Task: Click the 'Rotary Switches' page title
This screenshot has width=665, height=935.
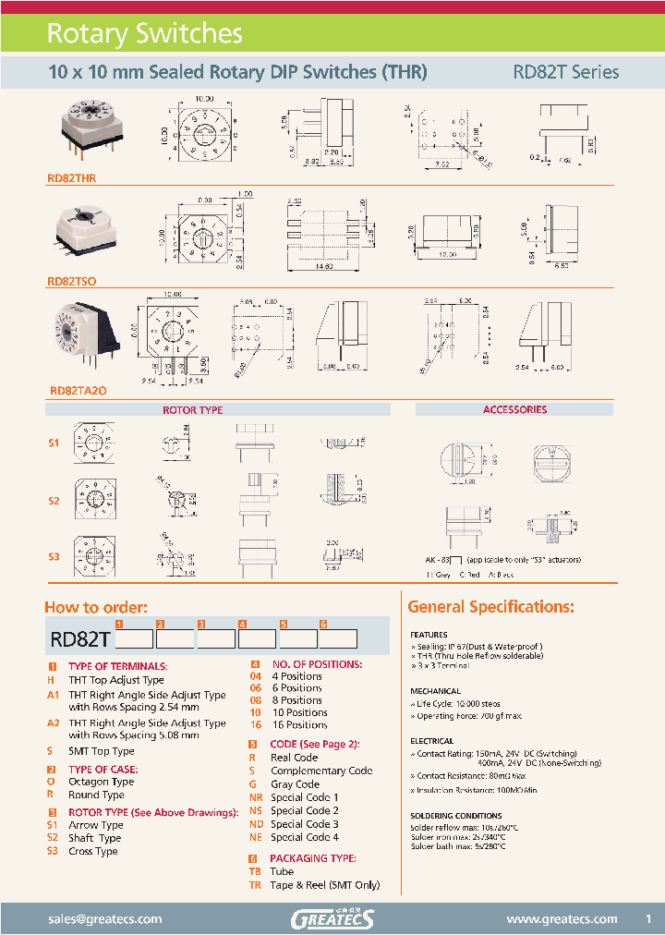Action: (x=144, y=34)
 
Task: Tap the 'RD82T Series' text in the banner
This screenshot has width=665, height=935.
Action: (x=565, y=72)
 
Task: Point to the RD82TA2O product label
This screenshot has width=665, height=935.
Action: (x=79, y=391)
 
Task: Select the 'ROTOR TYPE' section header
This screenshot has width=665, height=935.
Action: (x=192, y=409)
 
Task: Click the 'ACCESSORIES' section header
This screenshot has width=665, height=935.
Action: (x=514, y=408)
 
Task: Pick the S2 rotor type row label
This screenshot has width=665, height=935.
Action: (x=54, y=500)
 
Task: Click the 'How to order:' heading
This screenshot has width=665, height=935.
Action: (x=96, y=607)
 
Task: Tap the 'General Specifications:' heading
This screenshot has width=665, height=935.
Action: (x=490, y=607)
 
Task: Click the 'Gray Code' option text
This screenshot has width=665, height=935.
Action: (x=295, y=784)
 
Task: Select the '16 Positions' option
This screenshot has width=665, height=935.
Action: (x=298, y=724)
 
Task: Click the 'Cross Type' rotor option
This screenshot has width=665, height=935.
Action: (x=92, y=851)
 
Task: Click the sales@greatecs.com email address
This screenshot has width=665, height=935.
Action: (x=104, y=918)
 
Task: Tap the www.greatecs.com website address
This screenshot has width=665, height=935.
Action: (x=562, y=918)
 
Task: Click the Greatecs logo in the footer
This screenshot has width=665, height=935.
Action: (x=332, y=918)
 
